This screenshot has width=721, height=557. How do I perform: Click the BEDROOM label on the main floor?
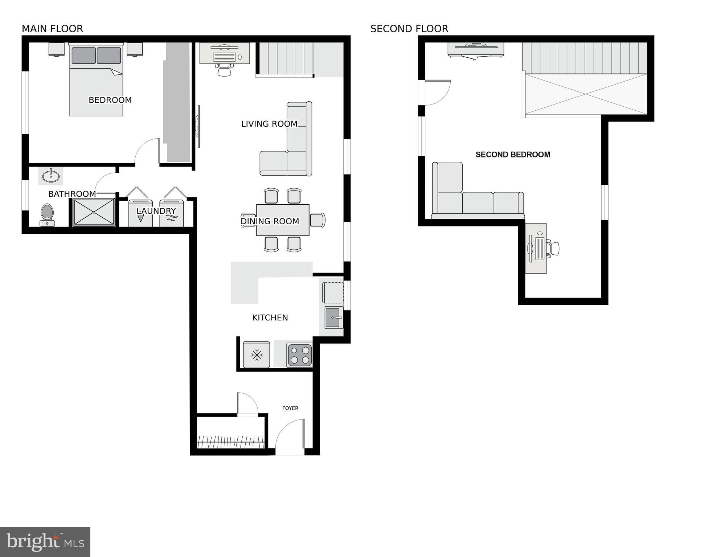pos(110,100)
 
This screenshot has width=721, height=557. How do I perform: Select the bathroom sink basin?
pos(51,176)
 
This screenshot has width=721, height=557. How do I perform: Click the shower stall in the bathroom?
pos(94,212)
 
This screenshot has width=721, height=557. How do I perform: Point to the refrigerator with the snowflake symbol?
pos(257,355)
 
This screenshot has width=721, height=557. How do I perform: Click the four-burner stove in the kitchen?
pos(300,355)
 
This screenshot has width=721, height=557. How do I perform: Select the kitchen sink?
pos(333,318)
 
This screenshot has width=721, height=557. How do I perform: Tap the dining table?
pos(283,220)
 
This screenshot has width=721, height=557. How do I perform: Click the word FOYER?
pos(290,408)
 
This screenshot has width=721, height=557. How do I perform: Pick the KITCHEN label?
pos(270,318)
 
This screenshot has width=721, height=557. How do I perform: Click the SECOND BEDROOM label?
pos(513,155)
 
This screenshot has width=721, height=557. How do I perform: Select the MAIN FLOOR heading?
pos(52,29)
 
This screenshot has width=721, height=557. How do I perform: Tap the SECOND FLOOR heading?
pos(409,29)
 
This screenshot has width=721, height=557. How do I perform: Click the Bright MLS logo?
pos(45,542)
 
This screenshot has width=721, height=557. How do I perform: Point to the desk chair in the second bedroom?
pos(553,249)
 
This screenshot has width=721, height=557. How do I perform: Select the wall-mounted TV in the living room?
pos(198,126)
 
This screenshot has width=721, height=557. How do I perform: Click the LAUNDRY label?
pos(156,211)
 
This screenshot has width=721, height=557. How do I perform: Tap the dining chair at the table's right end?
pos(318,220)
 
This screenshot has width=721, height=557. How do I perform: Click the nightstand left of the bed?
pos(57,49)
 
